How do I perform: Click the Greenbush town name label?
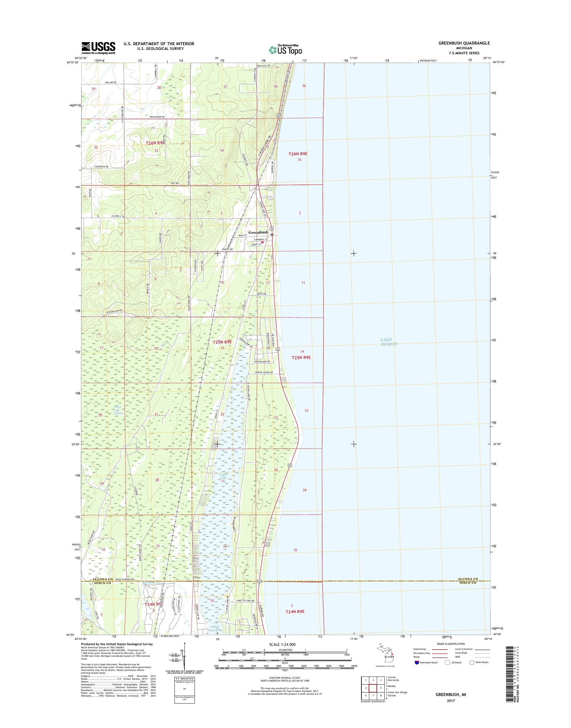(x=258, y=233)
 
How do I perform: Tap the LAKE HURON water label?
(x=389, y=342)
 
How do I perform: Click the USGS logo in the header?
(x=99, y=48)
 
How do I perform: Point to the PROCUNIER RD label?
(x=157, y=117)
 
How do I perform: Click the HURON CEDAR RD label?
(x=264, y=372)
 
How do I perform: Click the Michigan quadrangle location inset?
(x=387, y=656)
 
